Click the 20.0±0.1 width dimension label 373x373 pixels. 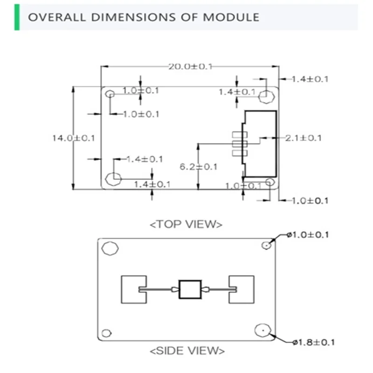(190, 67)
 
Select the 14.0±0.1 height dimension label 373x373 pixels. (74, 138)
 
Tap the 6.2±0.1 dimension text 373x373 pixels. (199, 166)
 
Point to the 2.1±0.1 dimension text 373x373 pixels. (303, 138)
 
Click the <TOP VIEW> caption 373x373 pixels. (186, 224)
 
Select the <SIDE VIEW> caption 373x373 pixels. (187, 350)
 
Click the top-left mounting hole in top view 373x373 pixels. (110, 94)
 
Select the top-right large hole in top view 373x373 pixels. (266, 96)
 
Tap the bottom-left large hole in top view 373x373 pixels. (114, 178)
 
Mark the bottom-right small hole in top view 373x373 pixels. (270, 182)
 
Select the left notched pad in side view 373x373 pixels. (133, 290)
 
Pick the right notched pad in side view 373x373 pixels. (242, 290)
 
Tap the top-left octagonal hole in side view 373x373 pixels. (111, 249)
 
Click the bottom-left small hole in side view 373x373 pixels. (107, 333)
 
